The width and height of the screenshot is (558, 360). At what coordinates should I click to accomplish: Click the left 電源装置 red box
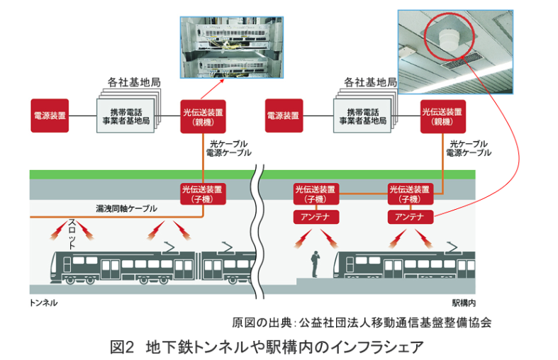pyautogui.click(x=50, y=115)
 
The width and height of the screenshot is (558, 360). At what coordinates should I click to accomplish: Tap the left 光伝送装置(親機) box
pyautogui.click(x=203, y=116)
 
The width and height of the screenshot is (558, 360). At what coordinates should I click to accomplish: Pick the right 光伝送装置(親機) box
pyautogui.click(x=442, y=116)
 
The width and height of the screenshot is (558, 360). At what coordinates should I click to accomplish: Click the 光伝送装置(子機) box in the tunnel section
pyautogui.click(x=203, y=193)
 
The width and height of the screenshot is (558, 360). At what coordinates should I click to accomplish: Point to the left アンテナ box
pyautogui.click(x=316, y=216)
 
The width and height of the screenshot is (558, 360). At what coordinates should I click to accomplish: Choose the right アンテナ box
pyautogui.click(x=410, y=216)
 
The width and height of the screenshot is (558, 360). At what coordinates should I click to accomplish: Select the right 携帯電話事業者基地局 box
pyautogui.click(x=362, y=116)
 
